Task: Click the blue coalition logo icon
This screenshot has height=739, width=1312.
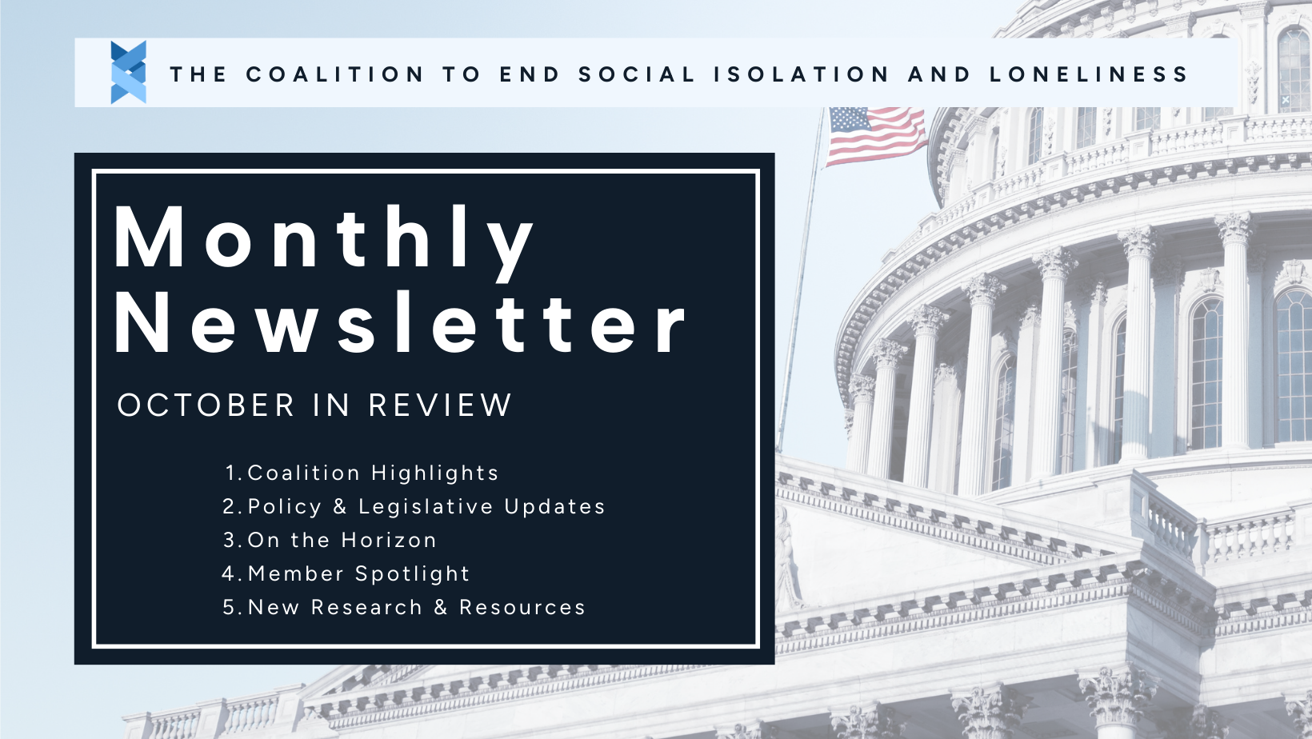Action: (128, 73)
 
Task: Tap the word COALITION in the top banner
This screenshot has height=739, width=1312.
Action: (335, 74)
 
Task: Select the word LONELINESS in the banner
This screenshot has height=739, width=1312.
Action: (1089, 74)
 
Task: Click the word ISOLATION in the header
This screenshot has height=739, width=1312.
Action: (802, 74)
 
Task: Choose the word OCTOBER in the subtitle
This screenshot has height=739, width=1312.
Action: (206, 405)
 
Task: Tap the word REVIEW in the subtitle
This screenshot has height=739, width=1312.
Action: (440, 405)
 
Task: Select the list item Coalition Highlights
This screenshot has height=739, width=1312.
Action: (373, 473)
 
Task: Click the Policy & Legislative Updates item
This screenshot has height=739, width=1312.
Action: (426, 506)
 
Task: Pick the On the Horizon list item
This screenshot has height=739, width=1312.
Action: (342, 540)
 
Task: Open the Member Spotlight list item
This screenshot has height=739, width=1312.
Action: (358, 574)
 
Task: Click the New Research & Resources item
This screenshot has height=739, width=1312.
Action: (417, 607)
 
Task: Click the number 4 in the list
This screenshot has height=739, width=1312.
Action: (229, 574)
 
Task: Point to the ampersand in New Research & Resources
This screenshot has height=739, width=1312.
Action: (441, 607)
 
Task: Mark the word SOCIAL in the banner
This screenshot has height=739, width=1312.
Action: (638, 74)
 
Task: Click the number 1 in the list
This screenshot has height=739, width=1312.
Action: (230, 473)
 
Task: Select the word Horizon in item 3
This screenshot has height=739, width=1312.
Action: (389, 540)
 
